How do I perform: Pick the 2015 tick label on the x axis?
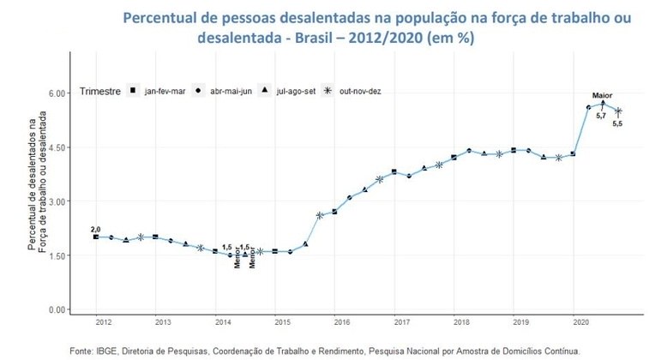click(282, 322)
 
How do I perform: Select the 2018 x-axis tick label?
click(461, 322)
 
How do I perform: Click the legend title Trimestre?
click(99, 90)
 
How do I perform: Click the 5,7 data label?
click(601, 116)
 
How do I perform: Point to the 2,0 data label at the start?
click(95, 228)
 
